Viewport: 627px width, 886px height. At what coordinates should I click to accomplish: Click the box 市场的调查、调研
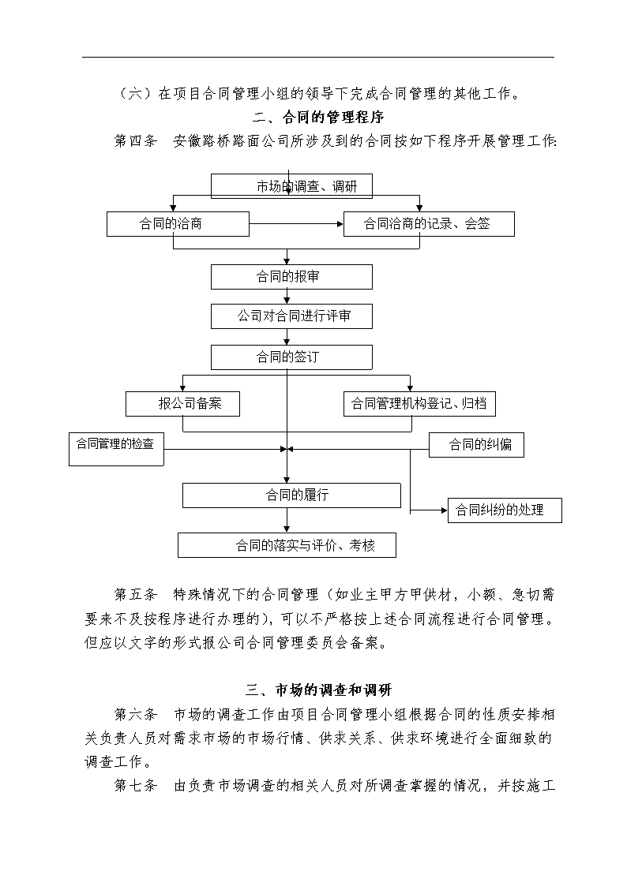(291, 186)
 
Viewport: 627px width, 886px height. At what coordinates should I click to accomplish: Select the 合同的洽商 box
(178, 224)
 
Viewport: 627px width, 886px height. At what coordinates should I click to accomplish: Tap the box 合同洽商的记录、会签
(429, 224)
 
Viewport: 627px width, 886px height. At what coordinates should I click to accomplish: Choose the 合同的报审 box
(291, 277)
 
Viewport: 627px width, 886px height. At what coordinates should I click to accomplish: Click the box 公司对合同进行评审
(291, 316)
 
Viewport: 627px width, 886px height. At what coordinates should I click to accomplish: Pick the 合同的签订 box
(291, 357)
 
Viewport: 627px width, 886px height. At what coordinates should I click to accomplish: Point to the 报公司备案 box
(182, 404)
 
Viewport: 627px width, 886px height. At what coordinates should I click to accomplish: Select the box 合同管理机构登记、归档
(419, 404)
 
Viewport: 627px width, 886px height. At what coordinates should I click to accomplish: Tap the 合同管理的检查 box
(116, 449)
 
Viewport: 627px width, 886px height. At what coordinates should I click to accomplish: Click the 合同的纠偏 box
(477, 445)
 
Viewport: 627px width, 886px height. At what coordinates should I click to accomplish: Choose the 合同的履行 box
(291, 495)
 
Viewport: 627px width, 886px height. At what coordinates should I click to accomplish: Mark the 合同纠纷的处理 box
(505, 510)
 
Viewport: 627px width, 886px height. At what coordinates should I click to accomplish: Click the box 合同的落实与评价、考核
(287, 545)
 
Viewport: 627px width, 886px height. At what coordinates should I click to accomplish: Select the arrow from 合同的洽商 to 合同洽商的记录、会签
(296, 224)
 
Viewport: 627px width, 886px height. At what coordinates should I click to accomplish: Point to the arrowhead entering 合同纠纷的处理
(445, 510)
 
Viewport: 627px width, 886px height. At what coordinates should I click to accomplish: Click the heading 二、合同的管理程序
(318, 117)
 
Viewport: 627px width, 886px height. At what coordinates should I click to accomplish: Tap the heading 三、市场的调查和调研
(318, 690)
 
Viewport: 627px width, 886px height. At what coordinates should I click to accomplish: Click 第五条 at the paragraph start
(136, 594)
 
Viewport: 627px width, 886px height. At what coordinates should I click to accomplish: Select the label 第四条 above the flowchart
(136, 140)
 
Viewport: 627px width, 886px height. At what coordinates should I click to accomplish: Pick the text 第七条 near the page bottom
(136, 786)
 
